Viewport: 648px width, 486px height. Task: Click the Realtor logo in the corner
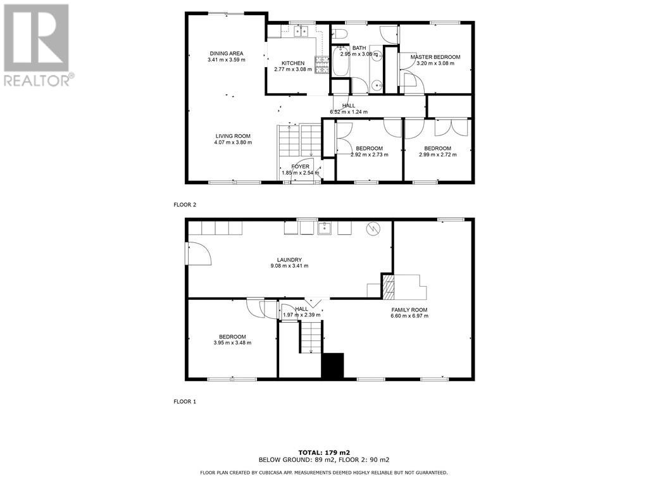37,44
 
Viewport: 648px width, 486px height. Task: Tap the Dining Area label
227,54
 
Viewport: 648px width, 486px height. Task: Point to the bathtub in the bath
340,61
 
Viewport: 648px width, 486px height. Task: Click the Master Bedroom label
435,57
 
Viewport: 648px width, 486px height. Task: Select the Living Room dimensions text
233,142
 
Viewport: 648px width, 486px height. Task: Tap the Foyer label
301,166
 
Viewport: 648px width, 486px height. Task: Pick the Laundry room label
288,259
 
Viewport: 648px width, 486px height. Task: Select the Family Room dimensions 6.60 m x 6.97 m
409,316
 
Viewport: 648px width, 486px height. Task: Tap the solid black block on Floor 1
332,366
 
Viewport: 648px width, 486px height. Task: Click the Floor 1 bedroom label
232,337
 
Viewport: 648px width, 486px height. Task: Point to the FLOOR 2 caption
185,205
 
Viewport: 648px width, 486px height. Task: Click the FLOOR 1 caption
185,401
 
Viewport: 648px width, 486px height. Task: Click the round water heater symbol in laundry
373,228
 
